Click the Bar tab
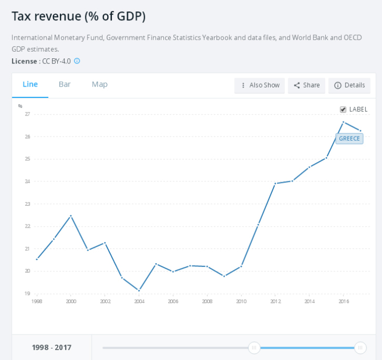coord(65,84)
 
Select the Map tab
coord(99,84)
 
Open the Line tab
coord(30,84)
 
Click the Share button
coord(307,85)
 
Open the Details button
coord(349,85)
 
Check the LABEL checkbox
coord(343,109)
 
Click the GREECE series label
coord(349,139)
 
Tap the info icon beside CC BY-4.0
coord(77,61)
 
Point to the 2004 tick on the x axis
coord(139,301)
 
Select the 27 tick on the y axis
coord(27,114)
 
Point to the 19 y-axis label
coord(27,293)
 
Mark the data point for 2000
coord(71,216)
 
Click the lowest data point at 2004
coord(139,290)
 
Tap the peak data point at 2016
coord(343,122)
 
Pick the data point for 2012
coord(275,183)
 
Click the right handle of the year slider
coord(360,347)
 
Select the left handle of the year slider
coord(254,347)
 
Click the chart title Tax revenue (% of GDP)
coord(79,16)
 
